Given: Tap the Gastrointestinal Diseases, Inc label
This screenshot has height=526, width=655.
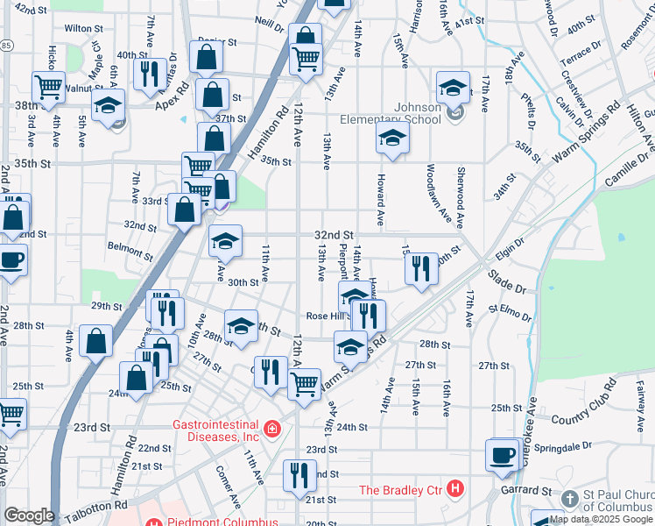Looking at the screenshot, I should pyautogui.click(x=215, y=430).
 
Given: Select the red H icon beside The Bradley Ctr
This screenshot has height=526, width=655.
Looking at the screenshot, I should pyautogui.click(x=454, y=487).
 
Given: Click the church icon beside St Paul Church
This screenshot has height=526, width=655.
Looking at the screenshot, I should pyautogui.click(x=570, y=499).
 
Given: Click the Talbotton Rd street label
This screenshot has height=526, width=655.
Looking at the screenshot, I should pyautogui.click(x=93, y=506).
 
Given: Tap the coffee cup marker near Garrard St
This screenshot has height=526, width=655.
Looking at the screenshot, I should pyautogui.click(x=504, y=456).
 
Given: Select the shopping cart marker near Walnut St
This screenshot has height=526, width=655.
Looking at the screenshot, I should pyautogui.click(x=48, y=86).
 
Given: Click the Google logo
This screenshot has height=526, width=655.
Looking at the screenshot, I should pyautogui.click(x=29, y=515).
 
